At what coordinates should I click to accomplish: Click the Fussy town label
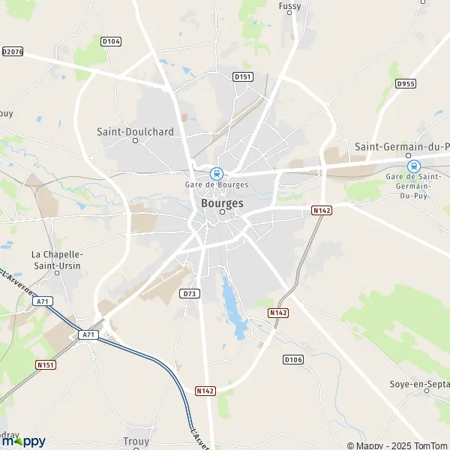(x=289, y=6)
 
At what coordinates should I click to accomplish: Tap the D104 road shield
(x=110, y=41)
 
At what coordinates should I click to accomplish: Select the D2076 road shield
(x=13, y=52)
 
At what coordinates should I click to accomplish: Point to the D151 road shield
(x=242, y=76)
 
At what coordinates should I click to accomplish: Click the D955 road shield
(x=406, y=83)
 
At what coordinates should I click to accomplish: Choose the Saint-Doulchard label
(x=135, y=131)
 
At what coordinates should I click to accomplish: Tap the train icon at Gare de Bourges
(x=217, y=173)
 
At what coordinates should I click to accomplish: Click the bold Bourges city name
(x=222, y=202)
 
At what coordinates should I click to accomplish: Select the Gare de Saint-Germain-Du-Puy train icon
(x=412, y=166)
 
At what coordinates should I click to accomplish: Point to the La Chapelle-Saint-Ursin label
(x=56, y=259)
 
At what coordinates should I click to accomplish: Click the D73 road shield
(x=190, y=294)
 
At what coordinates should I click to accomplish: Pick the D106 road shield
(x=292, y=360)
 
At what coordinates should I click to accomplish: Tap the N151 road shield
(x=47, y=365)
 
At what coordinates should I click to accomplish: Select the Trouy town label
(x=136, y=442)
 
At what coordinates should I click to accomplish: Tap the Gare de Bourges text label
(x=217, y=185)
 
